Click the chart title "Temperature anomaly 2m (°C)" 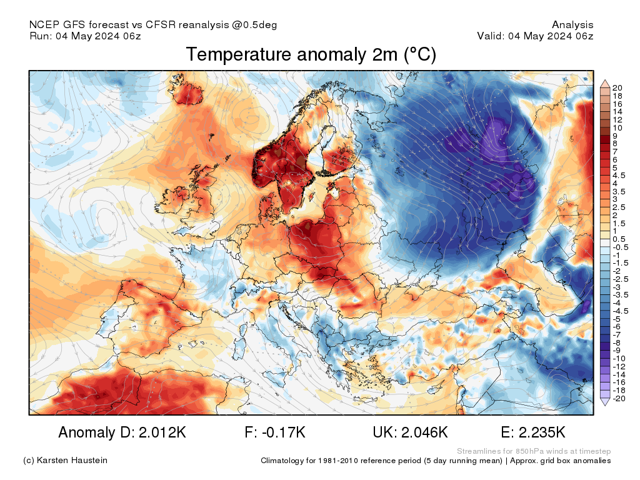pos(311,55)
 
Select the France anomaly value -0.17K pos(275,432)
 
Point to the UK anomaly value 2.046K pos(410,432)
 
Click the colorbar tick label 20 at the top pos(617,87)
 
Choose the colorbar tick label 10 pos(617,127)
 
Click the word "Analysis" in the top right pos(572,25)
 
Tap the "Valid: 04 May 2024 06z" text pos(535,36)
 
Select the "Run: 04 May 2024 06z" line pos(85,36)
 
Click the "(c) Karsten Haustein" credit pos(65,461)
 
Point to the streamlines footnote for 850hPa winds pos(534,451)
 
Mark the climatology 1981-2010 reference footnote pos(436,461)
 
